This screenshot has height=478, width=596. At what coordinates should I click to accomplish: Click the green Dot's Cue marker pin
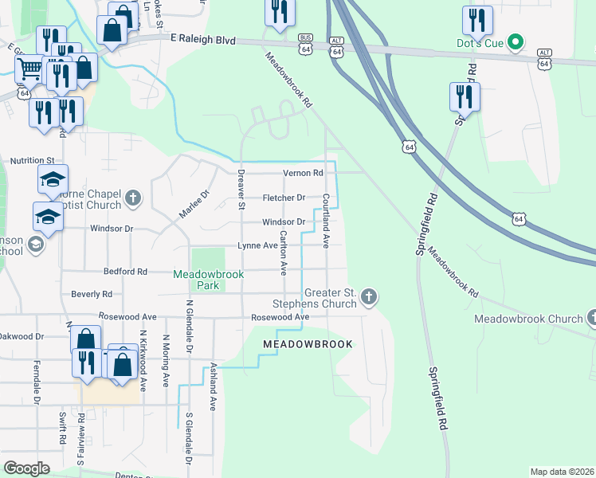pos(516,42)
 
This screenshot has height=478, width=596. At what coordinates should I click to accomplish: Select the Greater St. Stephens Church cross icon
pos(367,297)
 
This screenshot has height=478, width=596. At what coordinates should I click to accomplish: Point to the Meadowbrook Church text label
pos(528,319)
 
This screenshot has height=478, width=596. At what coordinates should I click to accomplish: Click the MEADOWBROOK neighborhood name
pos(307,343)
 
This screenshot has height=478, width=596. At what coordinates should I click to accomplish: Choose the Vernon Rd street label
pos(303,173)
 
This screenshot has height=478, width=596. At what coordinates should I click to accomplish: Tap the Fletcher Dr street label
pos(284,198)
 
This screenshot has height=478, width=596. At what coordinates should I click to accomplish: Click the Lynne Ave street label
pos(257,246)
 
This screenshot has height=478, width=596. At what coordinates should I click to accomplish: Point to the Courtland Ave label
pos(326,220)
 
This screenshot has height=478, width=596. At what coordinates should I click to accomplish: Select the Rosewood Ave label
pos(280,317)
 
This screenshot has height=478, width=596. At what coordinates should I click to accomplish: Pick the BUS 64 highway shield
pos(304,45)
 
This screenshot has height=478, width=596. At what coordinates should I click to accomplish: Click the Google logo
pos(26,468)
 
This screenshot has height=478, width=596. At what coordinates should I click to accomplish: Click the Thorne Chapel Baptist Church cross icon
pos(133,197)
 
